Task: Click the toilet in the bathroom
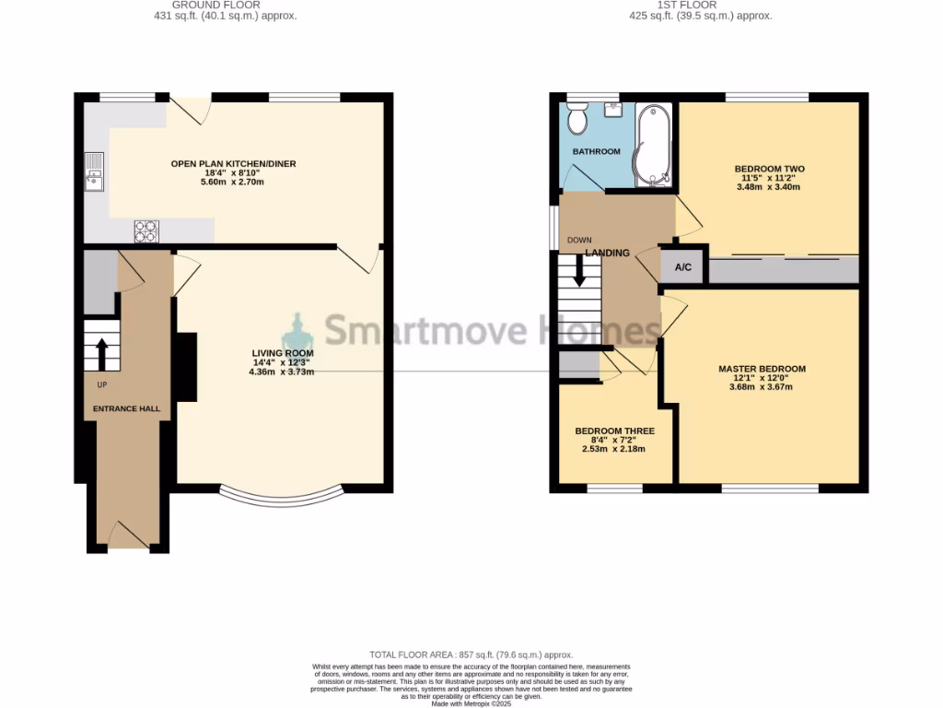click(x=578, y=120)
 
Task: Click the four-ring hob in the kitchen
click(x=146, y=230)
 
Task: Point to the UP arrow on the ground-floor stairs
click(x=101, y=351)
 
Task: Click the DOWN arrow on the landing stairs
click(x=579, y=269)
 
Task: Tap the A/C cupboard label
click(x=683, y=267)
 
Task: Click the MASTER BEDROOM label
click(x=762, y=369)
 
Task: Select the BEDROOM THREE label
click(x=614, y=431)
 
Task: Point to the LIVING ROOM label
click(x=283, y=353)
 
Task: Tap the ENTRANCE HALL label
click(x=126, y=408)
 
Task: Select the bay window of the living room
click(x=282, y=497)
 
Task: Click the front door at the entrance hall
click(x=128, y=537)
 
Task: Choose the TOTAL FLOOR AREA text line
click(x=471, y=653)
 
